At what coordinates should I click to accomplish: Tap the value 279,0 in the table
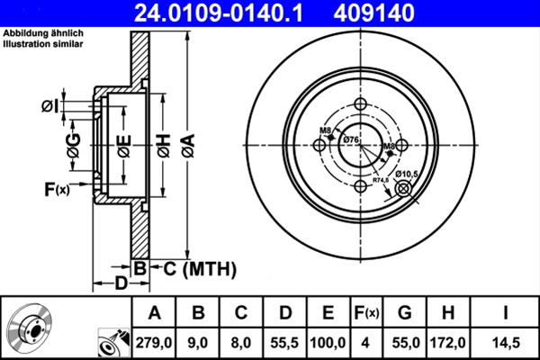point(155,340)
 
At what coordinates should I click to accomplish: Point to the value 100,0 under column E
point(322,340)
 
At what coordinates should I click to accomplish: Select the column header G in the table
point(405,313)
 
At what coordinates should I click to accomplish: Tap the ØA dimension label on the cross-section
point(187,142)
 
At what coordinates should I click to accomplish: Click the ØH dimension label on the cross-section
point(163,142)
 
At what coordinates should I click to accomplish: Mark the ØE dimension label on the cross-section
point(123,142)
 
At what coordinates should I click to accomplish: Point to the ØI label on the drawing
point(50,107)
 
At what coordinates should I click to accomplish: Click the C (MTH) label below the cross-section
point(199,267)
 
